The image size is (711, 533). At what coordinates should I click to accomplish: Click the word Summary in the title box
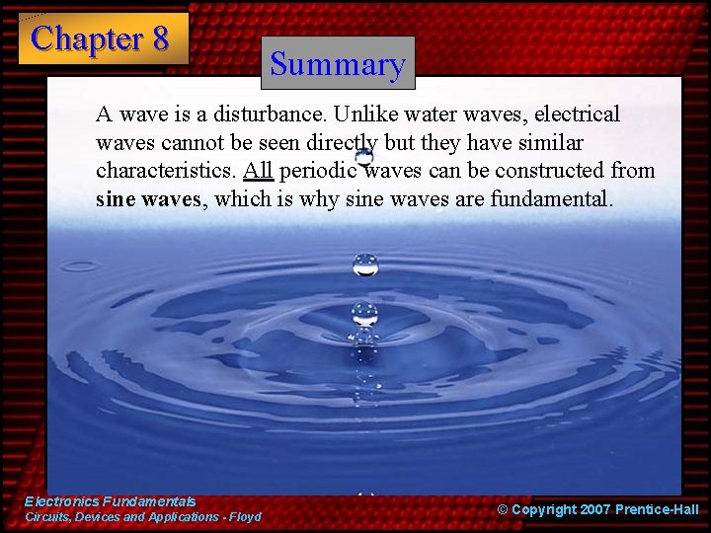338,64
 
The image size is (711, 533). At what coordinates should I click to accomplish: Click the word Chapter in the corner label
87,38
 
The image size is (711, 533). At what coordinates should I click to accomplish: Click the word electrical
578,114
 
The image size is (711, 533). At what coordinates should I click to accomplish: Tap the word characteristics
165,171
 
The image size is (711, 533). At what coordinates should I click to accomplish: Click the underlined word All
258,171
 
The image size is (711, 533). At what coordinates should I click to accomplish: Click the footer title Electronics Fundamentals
110,501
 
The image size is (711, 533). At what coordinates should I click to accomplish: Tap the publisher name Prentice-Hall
657,509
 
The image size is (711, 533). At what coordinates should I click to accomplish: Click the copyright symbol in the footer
503,509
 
